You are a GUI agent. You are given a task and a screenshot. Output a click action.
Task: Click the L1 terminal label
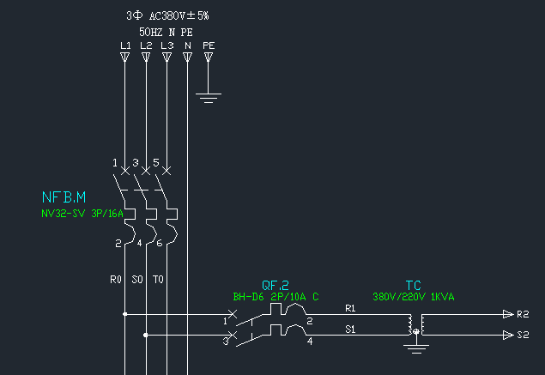click(124, 45)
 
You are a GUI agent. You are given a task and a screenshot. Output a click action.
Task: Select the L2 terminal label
click(146, 45)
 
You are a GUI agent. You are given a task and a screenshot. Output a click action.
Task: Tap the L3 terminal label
click(167, 45)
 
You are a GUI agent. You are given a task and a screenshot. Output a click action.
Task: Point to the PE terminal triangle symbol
click(208, 57)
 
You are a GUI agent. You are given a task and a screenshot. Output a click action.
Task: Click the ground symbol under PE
click(208, 95)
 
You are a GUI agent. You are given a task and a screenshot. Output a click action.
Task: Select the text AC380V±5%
click(179, 15)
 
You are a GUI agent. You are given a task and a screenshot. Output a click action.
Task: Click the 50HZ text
click(151, 31)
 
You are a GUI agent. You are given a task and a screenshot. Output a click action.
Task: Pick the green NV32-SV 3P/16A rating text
click(82, 214)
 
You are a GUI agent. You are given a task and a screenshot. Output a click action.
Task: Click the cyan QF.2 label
click(275, 285)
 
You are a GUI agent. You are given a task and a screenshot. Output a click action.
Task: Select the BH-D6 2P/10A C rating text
click(276, 297)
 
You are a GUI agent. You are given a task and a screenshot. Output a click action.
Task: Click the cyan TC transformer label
click(413, 285)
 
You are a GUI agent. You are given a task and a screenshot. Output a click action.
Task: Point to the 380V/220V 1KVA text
click(414, 297)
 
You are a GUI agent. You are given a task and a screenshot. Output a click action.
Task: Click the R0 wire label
click(117, 279)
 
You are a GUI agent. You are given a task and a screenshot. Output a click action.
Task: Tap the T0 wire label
click(159, 279)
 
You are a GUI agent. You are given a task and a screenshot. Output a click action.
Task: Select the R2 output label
click(523, 314)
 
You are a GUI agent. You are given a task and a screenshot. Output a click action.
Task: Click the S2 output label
click(523, 335)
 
